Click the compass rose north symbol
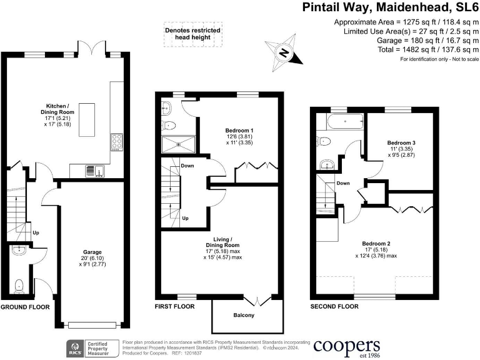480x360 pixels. pos(284,52)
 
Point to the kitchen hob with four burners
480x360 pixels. pos(116,143)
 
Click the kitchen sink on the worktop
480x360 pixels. pos(91,169)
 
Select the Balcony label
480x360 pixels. pos(244,315)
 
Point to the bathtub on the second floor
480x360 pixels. pos(341,122)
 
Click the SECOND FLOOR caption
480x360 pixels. pos(334,307)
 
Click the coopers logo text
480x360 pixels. pos(347,346)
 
